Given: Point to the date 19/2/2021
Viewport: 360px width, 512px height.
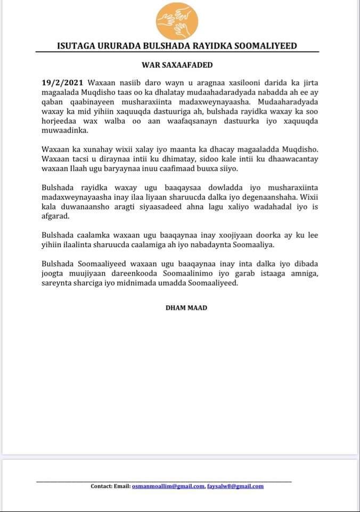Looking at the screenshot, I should click(x=63, y=84).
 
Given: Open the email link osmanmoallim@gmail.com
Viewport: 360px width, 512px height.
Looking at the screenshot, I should click(x=168, y=486).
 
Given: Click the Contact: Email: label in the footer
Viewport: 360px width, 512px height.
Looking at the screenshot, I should click(x=110, y=486).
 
